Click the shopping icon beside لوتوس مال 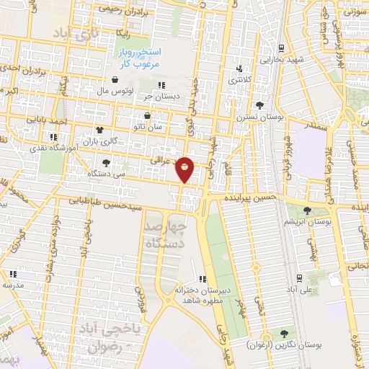[x=115, y=80]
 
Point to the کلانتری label [x=241, y=80]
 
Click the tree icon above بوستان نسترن [x=259, y=105]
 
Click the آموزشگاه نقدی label [x=53, y=147]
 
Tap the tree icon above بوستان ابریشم [x=307, y=211]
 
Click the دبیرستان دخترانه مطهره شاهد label [x=203, y=294]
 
